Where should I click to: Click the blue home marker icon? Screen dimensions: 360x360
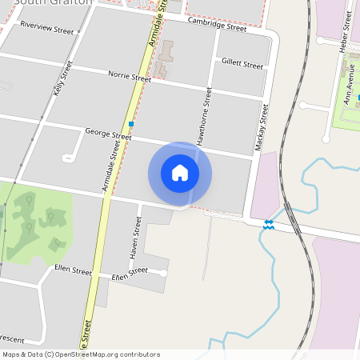[180, 173]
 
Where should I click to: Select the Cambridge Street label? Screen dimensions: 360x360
[217, 26]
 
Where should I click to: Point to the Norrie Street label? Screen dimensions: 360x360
[130, 77]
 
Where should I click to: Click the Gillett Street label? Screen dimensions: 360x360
[242, 63]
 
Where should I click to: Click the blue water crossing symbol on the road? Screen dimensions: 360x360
[270, 225]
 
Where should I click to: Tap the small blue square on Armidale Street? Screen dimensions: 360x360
[131, 124]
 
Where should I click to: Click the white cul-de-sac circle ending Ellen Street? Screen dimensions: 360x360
[163, 274]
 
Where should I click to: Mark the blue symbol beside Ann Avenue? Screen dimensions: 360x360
[358, 97]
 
